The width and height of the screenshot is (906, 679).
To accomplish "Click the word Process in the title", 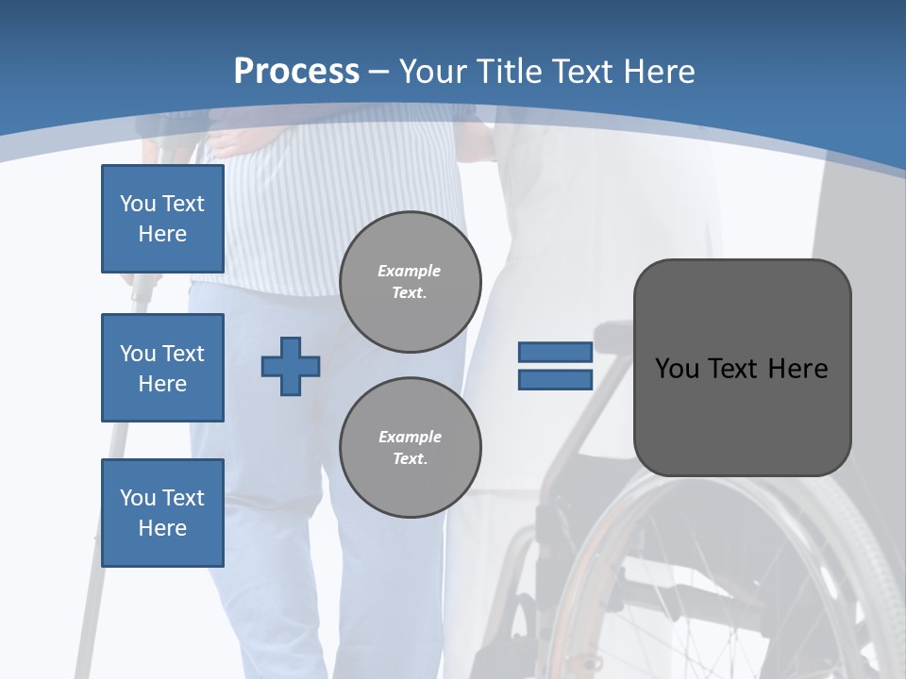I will tap(296, 72).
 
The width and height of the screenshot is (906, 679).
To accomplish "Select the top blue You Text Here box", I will tap(162, 219).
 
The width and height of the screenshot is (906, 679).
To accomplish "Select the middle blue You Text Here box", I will tap(162, 368).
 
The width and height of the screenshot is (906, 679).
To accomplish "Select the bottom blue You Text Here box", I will tap(162, 513).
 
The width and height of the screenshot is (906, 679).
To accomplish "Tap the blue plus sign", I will tap(291, 366).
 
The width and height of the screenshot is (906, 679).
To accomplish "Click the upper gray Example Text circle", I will tap(411, 282).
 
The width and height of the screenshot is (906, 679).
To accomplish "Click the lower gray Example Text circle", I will tap(411, 448).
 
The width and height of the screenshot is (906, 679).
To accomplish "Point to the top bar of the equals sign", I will tap(555, 352).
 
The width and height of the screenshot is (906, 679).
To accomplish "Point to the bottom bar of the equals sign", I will tap(555, 380).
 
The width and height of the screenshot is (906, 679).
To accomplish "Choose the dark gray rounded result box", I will tap(742, 415).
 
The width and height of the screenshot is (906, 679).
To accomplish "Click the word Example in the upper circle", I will tap(410, 271).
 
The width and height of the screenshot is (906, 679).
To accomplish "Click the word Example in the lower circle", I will tap(410, 437).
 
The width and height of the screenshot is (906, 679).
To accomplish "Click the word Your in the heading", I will tap(432, 72).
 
